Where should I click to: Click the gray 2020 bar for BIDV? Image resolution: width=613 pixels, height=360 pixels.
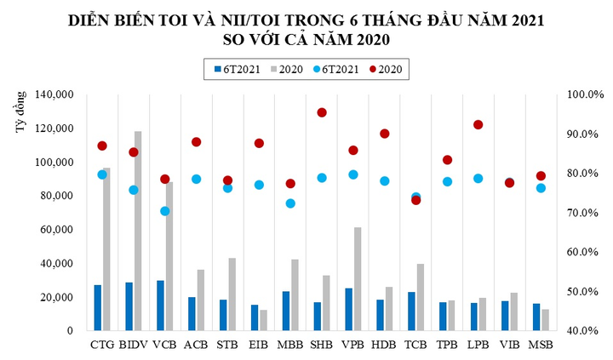pos(138,231)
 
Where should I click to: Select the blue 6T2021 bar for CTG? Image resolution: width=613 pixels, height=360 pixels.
pos(98,307)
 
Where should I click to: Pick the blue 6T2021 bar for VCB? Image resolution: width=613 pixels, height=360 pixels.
pos(160,305)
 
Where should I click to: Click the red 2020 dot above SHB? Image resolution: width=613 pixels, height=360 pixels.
pos(322,112)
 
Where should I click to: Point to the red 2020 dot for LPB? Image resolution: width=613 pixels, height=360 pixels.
pos(478,125)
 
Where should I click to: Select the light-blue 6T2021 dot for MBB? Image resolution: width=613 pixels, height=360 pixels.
pos(290,203)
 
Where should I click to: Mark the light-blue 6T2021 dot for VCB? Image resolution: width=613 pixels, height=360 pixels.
pos(165,211)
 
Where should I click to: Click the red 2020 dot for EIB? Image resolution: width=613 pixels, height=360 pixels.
pos(259,144)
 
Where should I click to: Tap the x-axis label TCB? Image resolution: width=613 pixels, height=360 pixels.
pos(415,346)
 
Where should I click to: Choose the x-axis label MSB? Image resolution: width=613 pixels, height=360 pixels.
pos(541,346)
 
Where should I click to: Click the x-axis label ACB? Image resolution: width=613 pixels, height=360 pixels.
pos(197,346)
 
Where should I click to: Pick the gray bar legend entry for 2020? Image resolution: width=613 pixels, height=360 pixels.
pos(282,66)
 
